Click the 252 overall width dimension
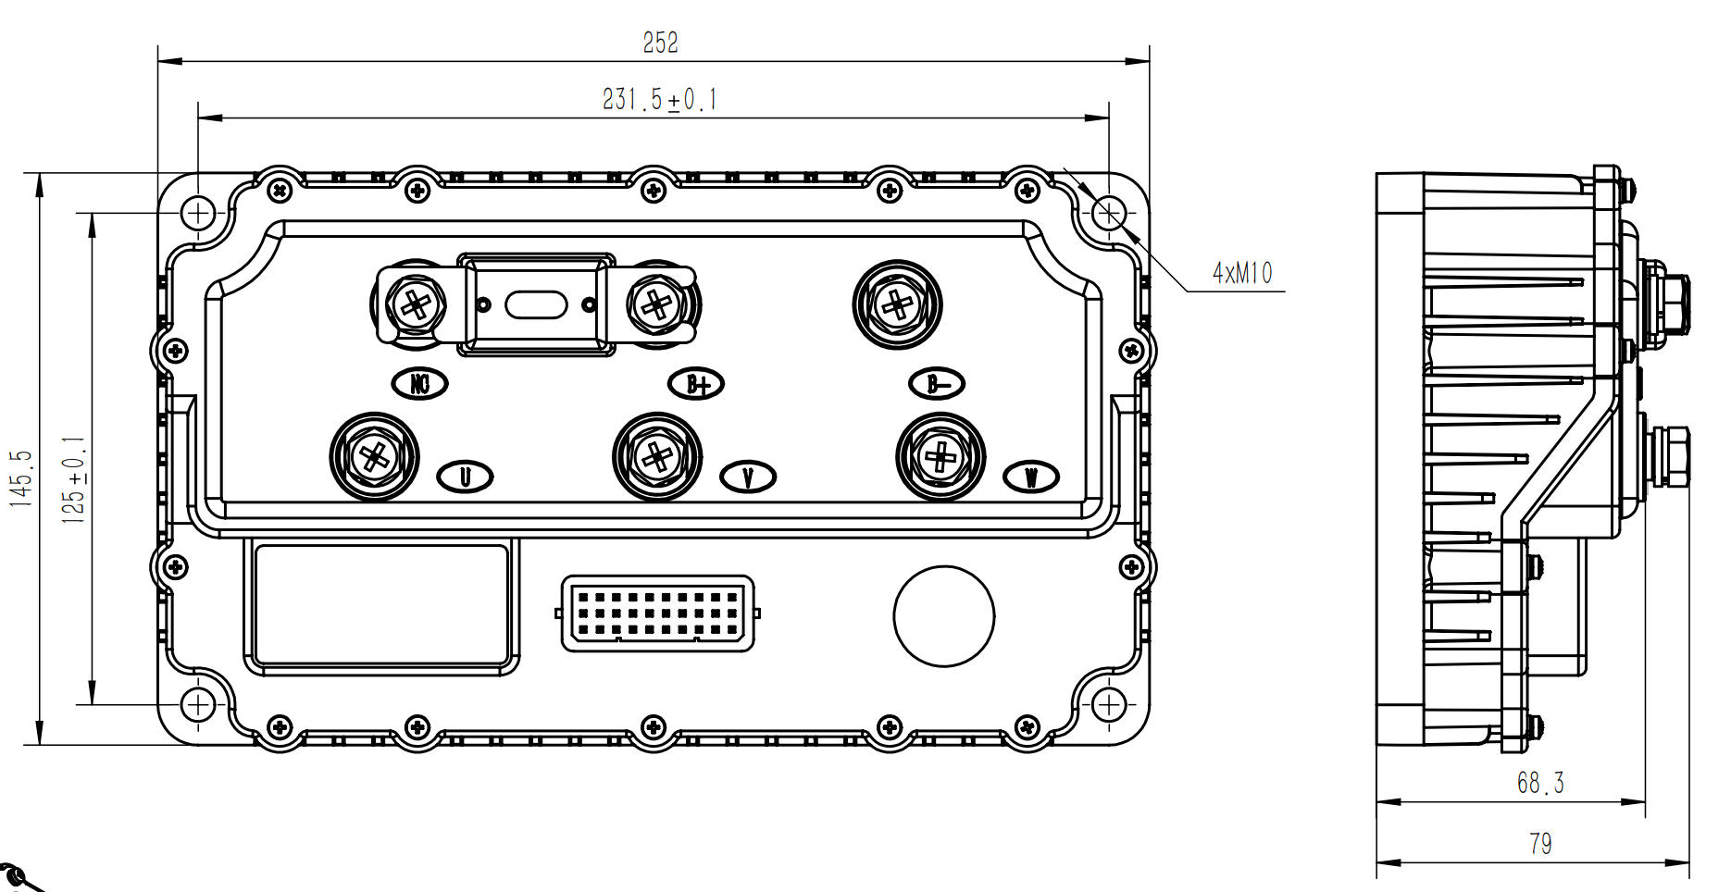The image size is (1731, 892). pyautogui.click(x=660, y=43)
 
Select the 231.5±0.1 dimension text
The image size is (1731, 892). pyautogui.click(x=660, y=99)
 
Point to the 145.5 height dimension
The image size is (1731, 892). pyautogui.click(x=21, y=478)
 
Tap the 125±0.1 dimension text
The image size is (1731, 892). pyautogui.click(x=73, y=480)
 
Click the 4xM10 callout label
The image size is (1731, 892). pyautogui.click(x=1242, y=273)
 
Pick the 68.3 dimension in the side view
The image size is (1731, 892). pyautogui.click(x=1540, y=783)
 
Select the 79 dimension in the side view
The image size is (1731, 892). pyautogui.click(x=1540, y=844)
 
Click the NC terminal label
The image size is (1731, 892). pyautogui.click(x=420, y=383)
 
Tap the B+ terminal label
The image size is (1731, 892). pyautogui.click(x=696, y=383)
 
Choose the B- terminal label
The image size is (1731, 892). pyautogui.click(x=937, y=383)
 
